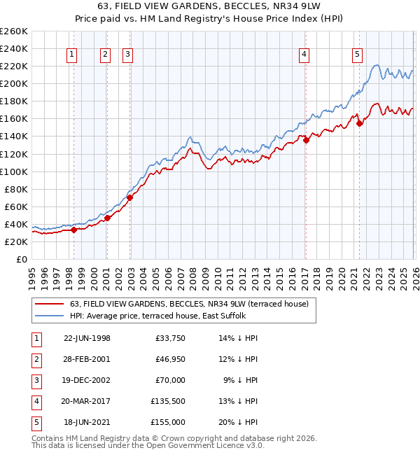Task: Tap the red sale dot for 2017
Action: pos(306,140)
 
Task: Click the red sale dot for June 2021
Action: pos(359,123)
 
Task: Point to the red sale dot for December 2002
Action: pos(130,197)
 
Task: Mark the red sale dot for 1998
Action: pos(73,230)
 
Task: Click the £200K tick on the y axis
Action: pos(13,83)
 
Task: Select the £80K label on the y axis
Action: pos(15,189)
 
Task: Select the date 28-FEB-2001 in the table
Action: pos(87,359)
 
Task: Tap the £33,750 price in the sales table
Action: pos(170,338)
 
